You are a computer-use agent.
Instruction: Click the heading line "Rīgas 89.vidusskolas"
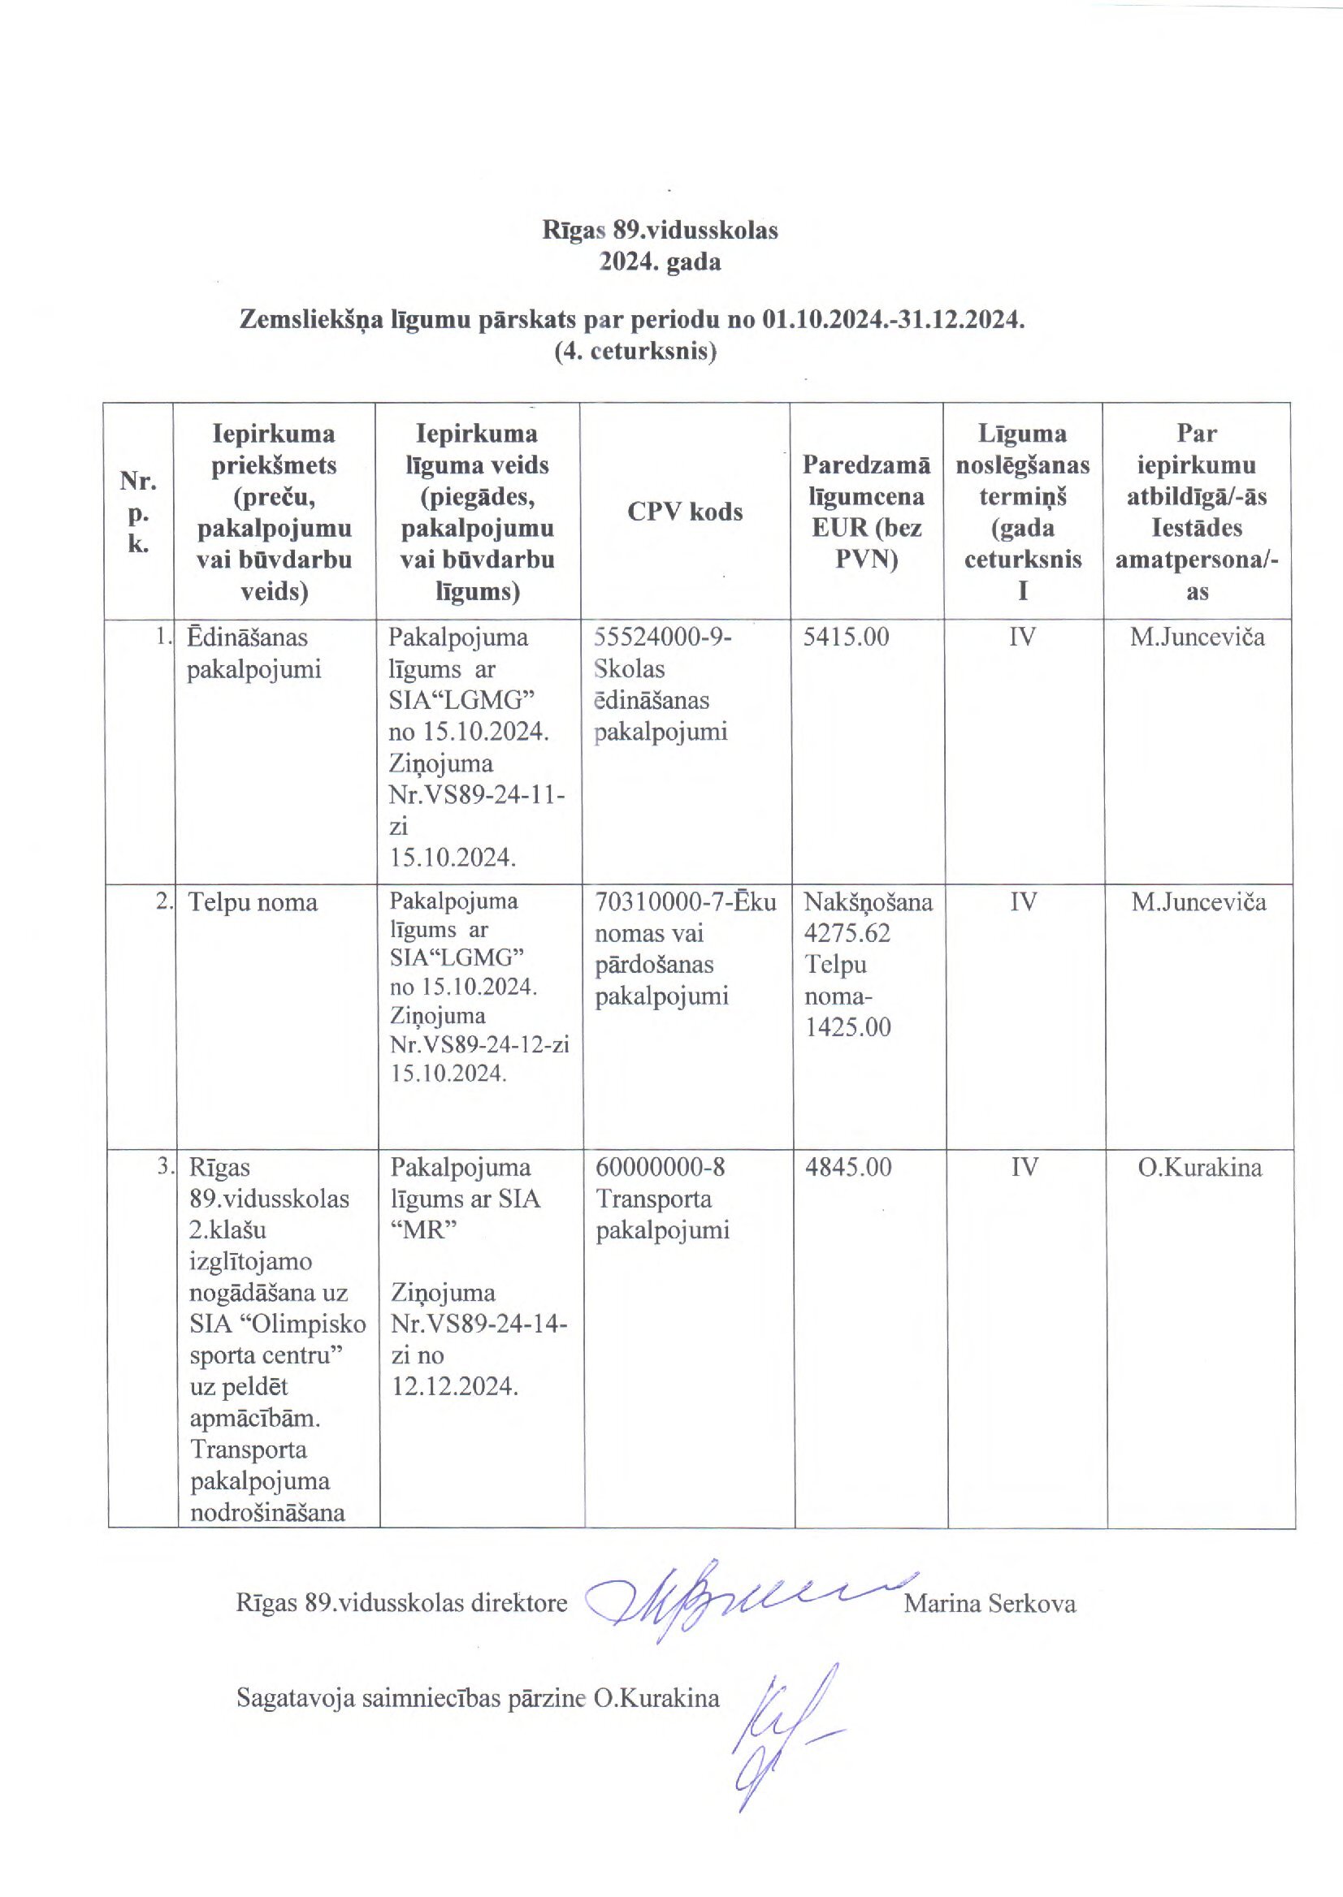tap(660, 230)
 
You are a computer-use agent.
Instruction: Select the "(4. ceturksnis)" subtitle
tap(635, 352)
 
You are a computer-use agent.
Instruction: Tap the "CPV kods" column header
tap(685, 512)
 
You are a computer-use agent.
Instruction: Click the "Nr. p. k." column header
tap(138, 512)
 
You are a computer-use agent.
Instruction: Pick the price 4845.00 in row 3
tap(848, 1167)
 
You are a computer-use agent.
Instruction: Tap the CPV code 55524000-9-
tap(663, 637)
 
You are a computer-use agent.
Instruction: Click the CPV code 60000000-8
tap(660, 1167)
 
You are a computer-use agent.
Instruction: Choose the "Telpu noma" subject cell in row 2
tap(253, 901)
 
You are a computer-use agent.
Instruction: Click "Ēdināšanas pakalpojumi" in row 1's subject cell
tap(246, 653)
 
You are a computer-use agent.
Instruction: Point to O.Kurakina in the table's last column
tap(1199, 1167)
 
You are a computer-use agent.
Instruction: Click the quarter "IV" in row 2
tap(1023, 901)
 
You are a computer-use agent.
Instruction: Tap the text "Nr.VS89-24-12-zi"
tap(479, 1045)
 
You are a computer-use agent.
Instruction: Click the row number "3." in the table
tap(166, 1167)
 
